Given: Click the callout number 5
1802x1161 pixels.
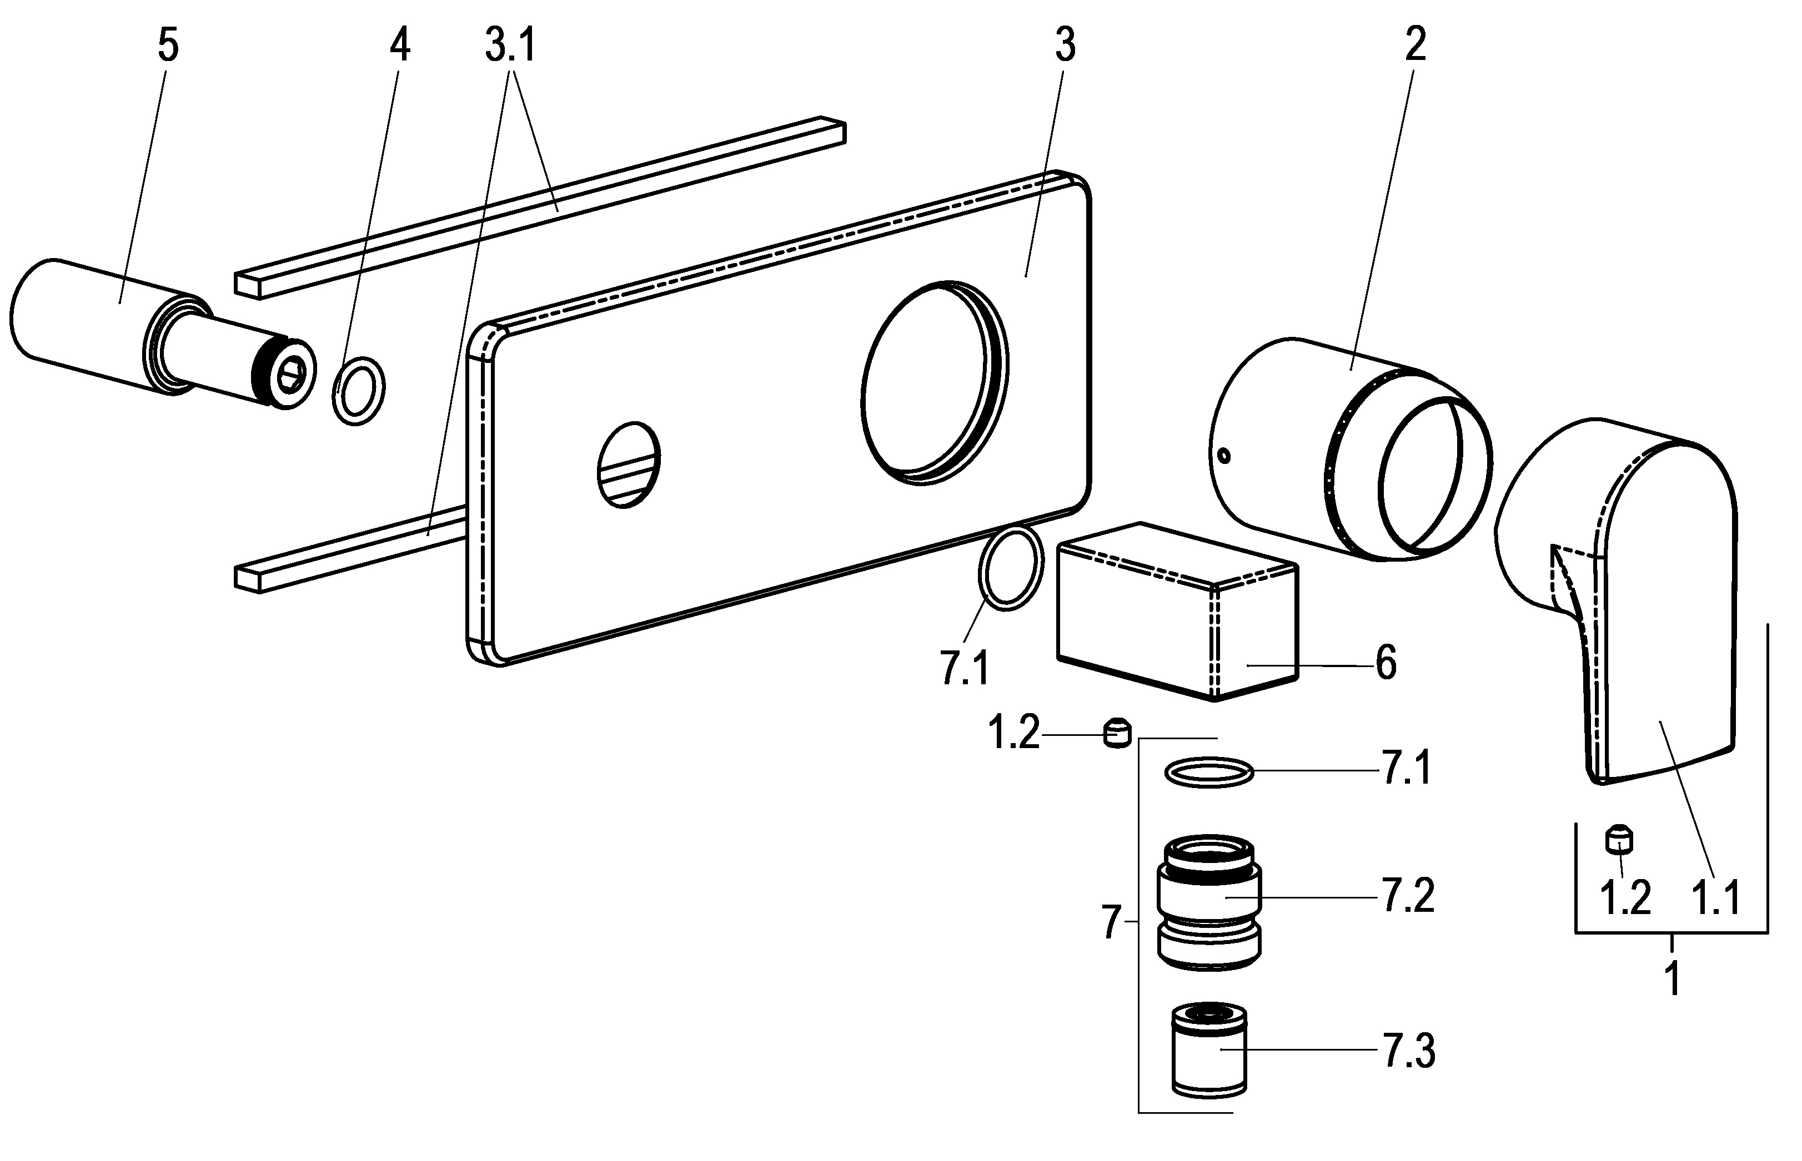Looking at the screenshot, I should [x=168, y=47].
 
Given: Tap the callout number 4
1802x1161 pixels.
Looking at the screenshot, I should [x=400, y=47].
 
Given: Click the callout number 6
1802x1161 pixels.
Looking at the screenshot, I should [x=1386, y=663].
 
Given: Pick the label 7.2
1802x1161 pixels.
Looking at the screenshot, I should [x=1408, y=897].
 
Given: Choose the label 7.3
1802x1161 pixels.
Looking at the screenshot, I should [x=1408, y=1051].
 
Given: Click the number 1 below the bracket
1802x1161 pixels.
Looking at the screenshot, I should [x=1672, y=978].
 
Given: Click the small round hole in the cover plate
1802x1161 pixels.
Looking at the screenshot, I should [x=628, y=463].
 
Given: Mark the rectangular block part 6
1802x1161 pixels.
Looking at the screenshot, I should [x=1177, y=610].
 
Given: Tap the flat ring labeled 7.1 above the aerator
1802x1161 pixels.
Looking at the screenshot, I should [x=1209, y=773].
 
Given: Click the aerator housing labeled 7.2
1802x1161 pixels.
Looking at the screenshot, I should [x=1209, y=901].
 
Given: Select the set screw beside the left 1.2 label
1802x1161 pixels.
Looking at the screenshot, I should [x=1117, y=734].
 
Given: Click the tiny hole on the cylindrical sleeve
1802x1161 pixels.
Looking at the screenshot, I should [x=1224, y=455].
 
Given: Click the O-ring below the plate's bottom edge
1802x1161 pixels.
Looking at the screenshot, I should [x=1011, y=569].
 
